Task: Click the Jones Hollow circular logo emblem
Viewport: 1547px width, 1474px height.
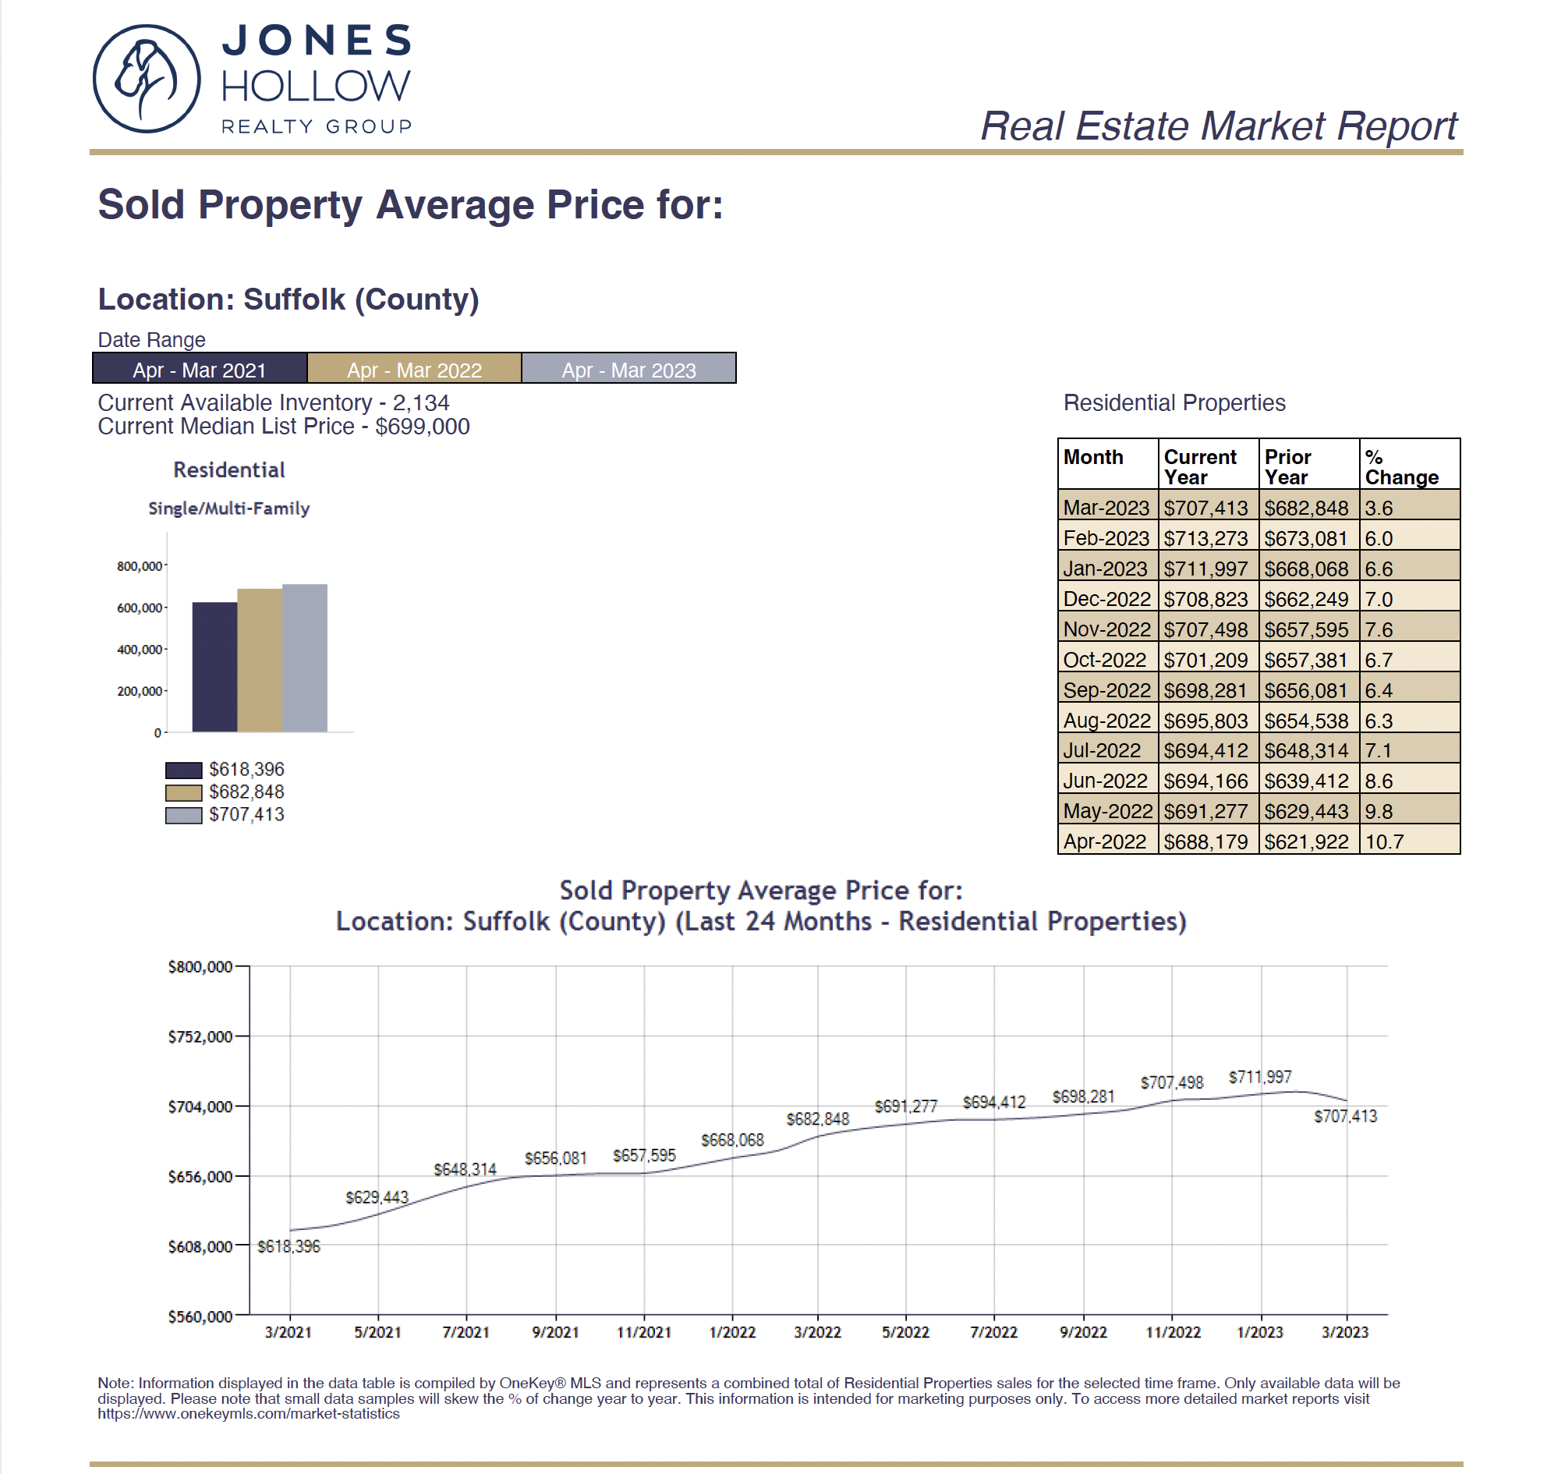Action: point(146,79)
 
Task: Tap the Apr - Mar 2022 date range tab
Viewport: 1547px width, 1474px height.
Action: point(414,368)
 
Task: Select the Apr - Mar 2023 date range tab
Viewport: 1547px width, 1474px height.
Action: point(628,368)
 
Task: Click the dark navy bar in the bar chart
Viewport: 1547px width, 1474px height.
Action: point(214,667)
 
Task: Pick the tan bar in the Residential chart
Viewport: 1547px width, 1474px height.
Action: point(260,660)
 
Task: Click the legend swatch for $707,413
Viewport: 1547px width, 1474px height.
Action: point(184,816)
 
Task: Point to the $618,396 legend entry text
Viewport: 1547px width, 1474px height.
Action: point(246,769)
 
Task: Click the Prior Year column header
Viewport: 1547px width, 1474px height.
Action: point(1287,466)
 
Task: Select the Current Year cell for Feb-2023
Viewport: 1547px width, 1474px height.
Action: point(1205,538)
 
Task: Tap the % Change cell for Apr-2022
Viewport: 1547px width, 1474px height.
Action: point(1384,842)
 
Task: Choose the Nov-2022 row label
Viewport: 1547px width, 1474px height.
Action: point(1106,629)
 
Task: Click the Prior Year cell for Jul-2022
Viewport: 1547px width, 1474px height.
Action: point(1306,750)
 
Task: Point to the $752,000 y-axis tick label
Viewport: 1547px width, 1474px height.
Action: point(200,1036)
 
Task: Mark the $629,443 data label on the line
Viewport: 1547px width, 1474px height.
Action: point(377,1196)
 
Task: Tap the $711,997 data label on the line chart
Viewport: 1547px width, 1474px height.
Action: point(1260,1076)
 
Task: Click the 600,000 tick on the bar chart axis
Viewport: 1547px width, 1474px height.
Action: point(140,608)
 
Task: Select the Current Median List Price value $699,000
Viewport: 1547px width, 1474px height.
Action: point(423,427)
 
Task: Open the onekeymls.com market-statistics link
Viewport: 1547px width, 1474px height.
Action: point(248,1414)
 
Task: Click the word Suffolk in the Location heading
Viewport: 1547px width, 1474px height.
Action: point(294,299)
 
